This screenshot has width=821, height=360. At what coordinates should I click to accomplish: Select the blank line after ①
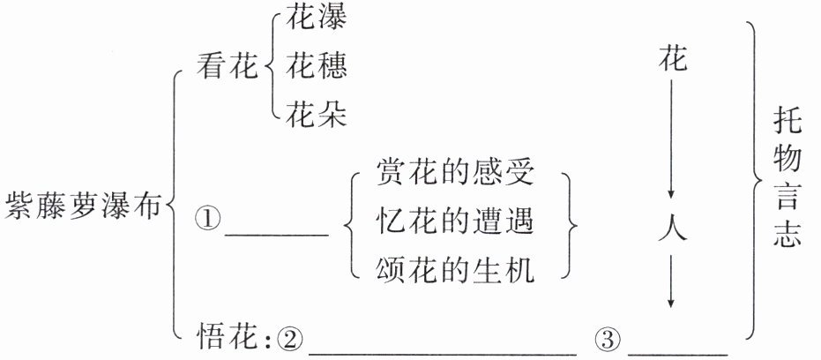[277, 234]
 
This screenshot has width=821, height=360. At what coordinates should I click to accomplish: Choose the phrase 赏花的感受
[455, 171]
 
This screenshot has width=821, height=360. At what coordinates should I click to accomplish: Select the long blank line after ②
[442, 351]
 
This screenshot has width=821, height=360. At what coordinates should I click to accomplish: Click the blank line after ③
[678, 351]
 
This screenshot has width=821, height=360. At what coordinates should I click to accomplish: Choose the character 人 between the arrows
[672, 229]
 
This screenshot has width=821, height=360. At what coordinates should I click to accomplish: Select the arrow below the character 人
[672, 281]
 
